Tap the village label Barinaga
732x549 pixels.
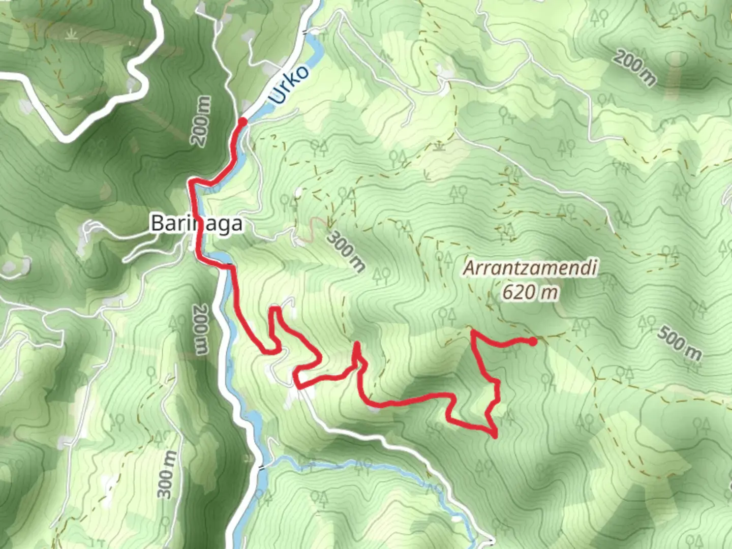(x=196, y=224)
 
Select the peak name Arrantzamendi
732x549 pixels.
(x=529, y=268)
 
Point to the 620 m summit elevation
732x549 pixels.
(x=530, y=292)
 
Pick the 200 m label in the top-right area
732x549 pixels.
(x=634, y=68)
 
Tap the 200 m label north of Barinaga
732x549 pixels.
(x=202, y=121)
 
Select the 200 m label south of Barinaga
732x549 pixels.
(x=201, y=329)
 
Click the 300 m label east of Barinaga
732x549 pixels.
(x=347, y=251)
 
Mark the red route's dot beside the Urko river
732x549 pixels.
(x=243, y=121)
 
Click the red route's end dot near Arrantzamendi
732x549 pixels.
(x=532, y=342)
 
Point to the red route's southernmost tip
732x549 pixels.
(x=495, y=435)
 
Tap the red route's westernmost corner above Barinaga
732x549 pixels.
(x=191, y=181)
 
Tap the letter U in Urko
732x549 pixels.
(x=278, y=97)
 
